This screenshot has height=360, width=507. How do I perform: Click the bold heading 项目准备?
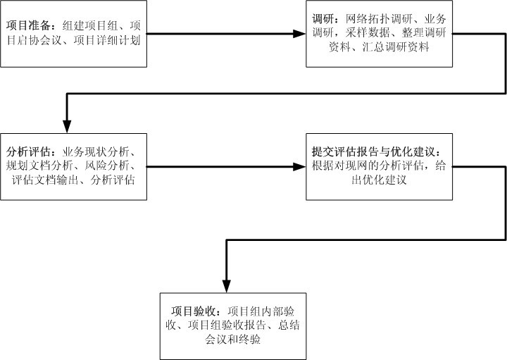tap(28, 25)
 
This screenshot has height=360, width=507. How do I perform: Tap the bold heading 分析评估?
tap(28, 151)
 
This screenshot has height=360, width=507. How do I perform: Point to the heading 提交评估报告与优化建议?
tap(373, 151)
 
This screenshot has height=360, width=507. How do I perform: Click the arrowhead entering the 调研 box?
tap(299, 33)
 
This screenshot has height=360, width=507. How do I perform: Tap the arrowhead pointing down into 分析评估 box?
tap(67, 127)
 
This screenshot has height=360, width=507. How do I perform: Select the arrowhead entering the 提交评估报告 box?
tap(299, 166)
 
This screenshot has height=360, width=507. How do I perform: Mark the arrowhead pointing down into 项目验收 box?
tap(226, 286)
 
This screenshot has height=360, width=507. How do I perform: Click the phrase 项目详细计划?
tap(107, 40)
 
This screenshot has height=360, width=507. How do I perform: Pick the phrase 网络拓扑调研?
tap(379, 19)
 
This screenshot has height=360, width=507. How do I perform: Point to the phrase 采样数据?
tap(368, 32)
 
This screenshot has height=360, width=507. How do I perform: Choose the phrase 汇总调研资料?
tap(396, 47)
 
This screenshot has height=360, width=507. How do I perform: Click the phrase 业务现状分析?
tap(96, 151)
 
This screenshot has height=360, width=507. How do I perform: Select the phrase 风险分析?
tap(107, 166)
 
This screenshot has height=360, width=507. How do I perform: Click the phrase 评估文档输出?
tap(45, 180)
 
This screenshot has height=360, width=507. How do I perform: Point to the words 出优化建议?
tap(379, 180)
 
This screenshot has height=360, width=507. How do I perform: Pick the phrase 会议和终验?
tap(233, 340)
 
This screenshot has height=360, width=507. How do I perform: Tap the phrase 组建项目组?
tap(90, 25)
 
